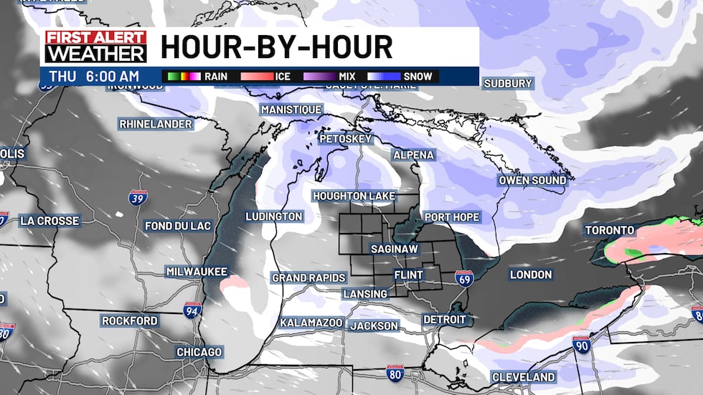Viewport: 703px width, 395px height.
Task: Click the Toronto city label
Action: (610, 231)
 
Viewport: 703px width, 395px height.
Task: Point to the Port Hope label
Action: (451, 217)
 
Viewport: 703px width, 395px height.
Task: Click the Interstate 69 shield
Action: (465, 279)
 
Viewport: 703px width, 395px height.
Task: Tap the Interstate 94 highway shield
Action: (192, 310)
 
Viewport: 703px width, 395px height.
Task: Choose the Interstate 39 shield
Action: (136, 198)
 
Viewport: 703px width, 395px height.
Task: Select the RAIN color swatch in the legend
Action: (182, 76)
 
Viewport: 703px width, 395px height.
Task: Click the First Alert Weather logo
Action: (95, 47)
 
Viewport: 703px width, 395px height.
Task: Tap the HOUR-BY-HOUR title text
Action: (277, 47)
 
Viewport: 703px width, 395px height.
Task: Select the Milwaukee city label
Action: (197, 272)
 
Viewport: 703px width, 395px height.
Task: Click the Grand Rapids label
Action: (309, 277)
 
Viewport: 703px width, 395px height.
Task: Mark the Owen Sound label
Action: (532, 181)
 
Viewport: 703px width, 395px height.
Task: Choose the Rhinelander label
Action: (156, 124)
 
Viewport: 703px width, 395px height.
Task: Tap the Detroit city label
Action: (445, 320)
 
